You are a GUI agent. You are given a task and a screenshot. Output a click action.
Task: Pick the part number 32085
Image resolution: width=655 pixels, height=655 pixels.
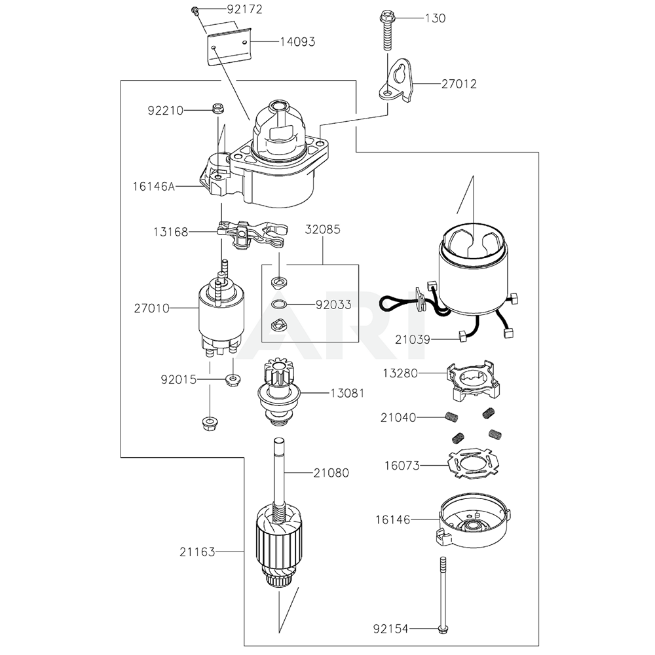[322, 231]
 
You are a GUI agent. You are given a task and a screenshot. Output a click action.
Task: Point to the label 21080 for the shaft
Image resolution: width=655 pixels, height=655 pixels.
[331, 472]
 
